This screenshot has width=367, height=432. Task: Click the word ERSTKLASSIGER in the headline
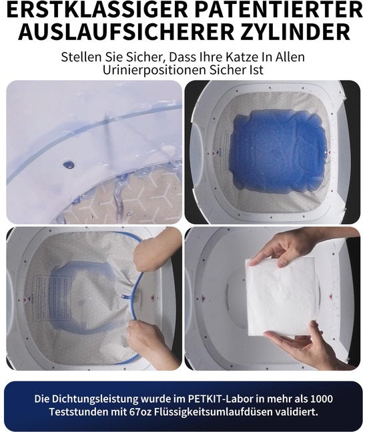[x=97, y=10]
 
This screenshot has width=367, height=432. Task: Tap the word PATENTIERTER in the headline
[x=278, y=10]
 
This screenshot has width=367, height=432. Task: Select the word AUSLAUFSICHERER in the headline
[x=126, y=32]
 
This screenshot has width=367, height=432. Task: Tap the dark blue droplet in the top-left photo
[x=68, y=165]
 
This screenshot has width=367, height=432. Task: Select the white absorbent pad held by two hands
[x=281, y=297]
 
